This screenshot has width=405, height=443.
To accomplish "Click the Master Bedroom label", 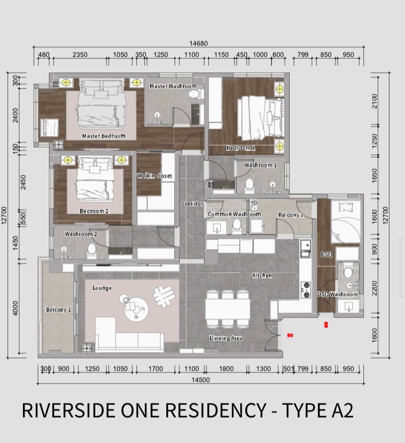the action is (104, 136).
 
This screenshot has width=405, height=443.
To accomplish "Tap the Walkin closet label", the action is (155, 176).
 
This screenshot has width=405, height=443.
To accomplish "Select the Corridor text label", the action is (192, 204).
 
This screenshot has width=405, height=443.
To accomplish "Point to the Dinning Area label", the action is (226, 338).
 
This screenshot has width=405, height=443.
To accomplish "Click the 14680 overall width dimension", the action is (199, 43).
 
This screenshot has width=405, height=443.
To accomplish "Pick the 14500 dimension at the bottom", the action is (201, 380).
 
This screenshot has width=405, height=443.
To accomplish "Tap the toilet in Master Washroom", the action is (194, 94).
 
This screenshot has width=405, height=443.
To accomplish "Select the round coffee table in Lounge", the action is (136, 309).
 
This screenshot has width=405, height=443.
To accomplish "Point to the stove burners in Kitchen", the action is (306, 290).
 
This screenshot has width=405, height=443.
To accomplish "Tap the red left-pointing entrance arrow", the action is (290, 336).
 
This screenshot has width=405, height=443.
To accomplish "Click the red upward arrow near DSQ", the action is (326, 325).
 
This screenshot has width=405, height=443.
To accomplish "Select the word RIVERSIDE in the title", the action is (69, 410).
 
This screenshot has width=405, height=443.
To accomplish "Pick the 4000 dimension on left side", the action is (16, 308).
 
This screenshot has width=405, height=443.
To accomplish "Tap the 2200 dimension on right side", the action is (375, 288).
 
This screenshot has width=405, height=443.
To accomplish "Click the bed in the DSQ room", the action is (346, 222).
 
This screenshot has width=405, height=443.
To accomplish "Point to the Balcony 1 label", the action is (58, 310).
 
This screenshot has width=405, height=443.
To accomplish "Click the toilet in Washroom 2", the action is (91, 251).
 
